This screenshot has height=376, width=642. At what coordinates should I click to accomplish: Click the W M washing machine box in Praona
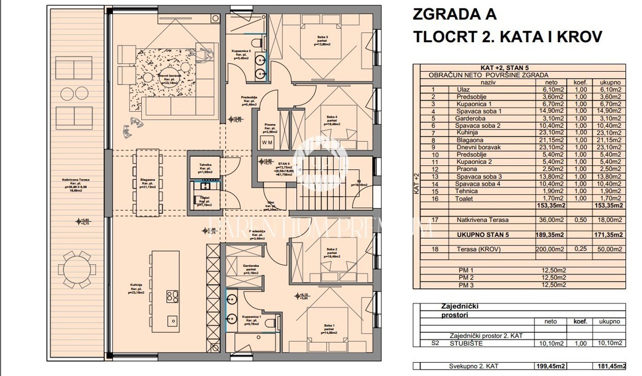click(281, 142)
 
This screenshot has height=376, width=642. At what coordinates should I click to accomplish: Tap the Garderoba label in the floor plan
click(250, 267)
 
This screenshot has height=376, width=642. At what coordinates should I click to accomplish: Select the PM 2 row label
click(467, 278)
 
